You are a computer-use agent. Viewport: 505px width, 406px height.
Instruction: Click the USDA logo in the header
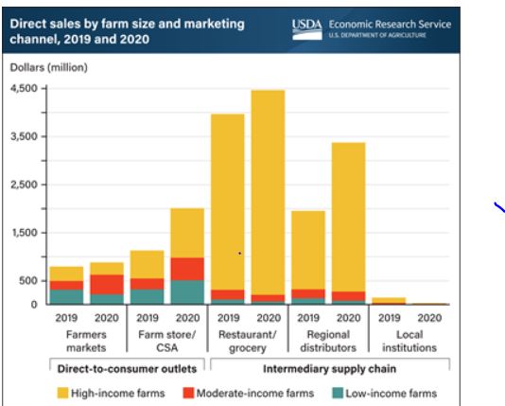[x=306, y=28]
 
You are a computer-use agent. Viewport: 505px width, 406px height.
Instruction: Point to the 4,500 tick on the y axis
[x=23, y=89]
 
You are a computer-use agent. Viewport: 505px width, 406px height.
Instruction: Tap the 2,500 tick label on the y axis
[x=23, y=185]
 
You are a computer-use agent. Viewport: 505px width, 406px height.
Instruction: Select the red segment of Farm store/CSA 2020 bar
[x=186, y=269]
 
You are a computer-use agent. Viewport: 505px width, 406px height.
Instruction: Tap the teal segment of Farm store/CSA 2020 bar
[x=186, y=291]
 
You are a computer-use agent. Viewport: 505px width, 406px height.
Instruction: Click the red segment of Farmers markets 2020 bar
[x=106, y=284]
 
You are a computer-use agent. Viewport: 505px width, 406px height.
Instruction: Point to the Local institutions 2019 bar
[x=389, y=301]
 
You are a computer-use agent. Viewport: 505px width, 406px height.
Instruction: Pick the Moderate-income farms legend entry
[x=247, y=393]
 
